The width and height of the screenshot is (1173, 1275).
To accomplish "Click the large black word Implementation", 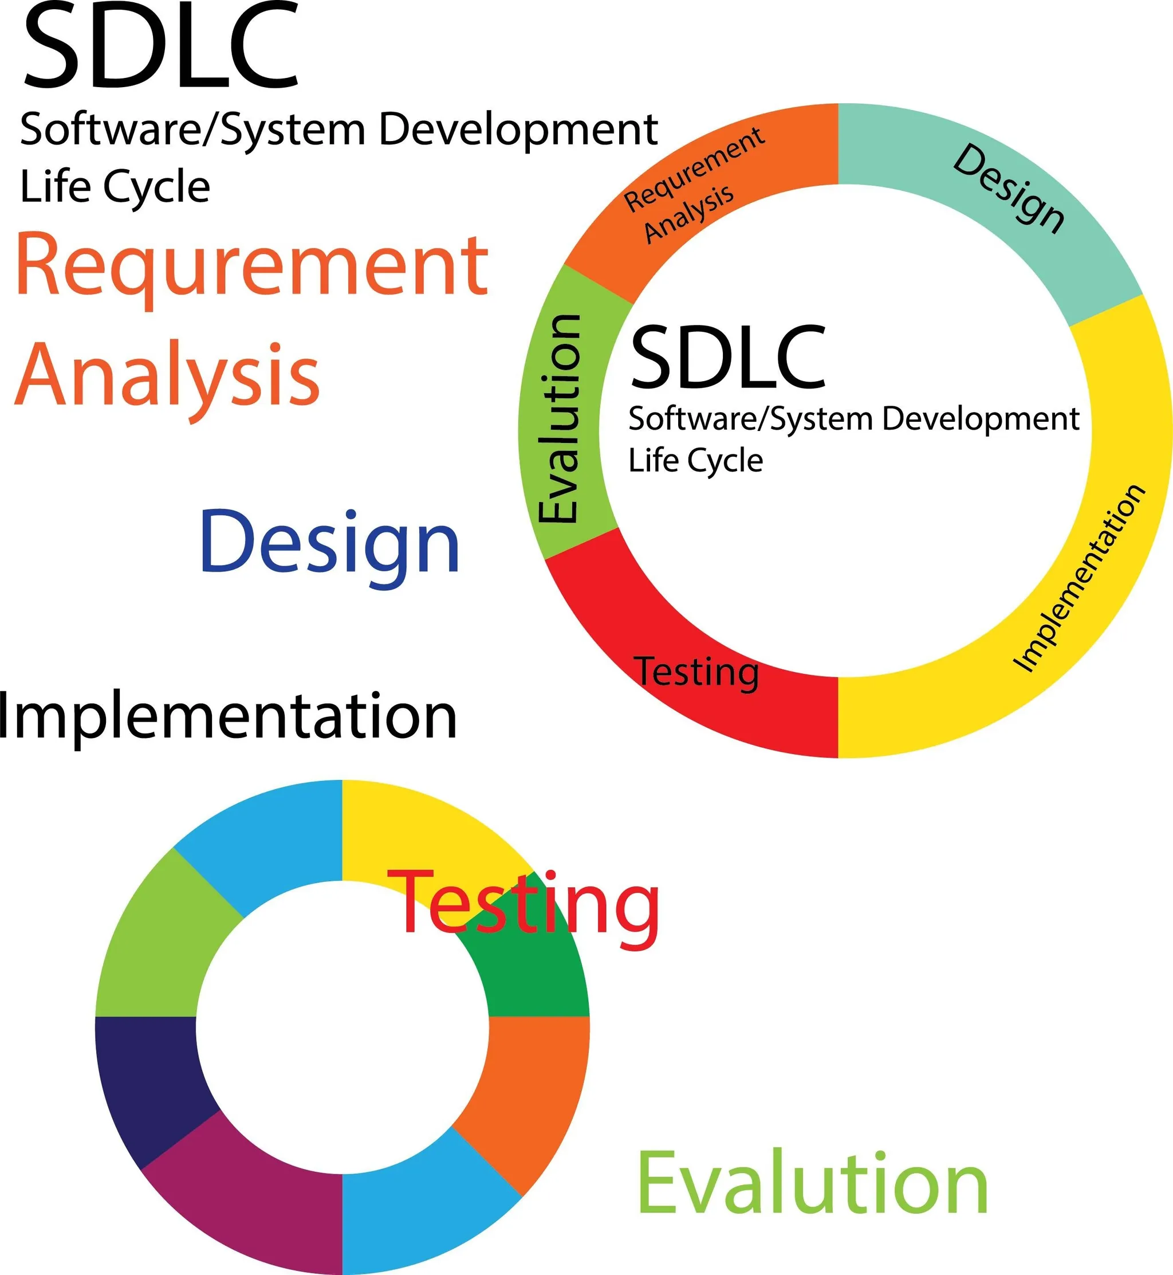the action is (227, 716).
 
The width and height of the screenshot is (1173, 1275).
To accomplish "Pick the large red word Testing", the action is (523, 905).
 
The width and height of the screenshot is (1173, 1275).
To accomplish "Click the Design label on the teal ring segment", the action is (1008, 189).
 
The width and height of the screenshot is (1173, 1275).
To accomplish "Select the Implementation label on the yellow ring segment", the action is (1079, 578).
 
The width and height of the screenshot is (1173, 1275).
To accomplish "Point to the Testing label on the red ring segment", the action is (697, 673).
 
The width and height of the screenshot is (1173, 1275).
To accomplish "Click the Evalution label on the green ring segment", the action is (559, 419).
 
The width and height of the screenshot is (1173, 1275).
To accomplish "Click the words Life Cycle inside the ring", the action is (695, 461).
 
